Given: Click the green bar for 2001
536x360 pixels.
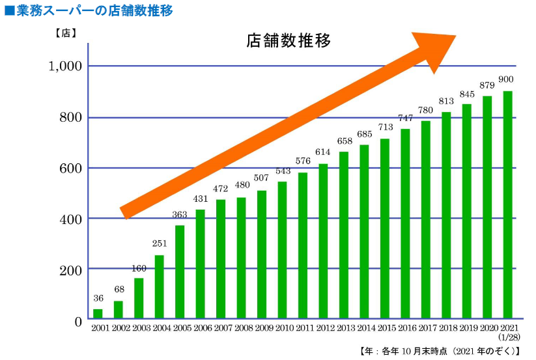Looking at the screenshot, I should [x=98, y=314].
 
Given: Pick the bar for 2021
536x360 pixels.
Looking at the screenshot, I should [x=507, y=205].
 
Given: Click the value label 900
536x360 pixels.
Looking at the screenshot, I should [x=506, y=79].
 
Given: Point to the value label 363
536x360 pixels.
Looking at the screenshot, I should [x=180, y=215].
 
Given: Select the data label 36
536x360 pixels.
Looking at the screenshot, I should [x=98, y=299].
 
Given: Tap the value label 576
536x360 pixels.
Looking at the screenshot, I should [x=302, y=162].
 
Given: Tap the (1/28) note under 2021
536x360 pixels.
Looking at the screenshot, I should [x=508, y=339].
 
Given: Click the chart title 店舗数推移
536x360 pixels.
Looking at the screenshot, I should [x=289, y=40].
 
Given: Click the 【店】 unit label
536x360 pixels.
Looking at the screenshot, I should [x=66, y=33].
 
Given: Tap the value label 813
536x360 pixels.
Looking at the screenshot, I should [x=447, y=101].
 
